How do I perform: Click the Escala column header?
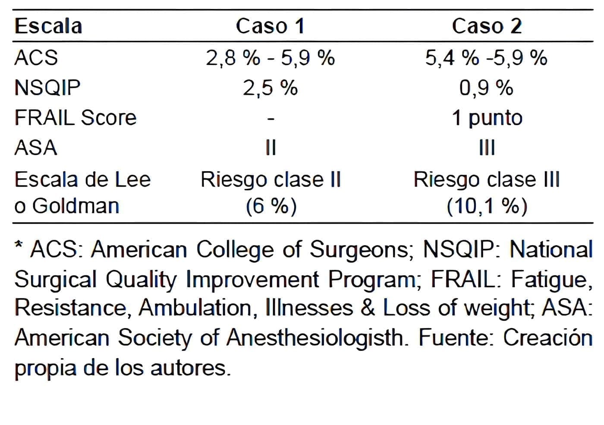pyautogui.click(x=48, y=26)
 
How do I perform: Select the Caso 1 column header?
pyautogui.click(x=270, y=26)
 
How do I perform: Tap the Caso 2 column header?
pyautogui.click(x=486, y=26)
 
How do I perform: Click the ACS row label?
pyautogui.click(x=36, y=58)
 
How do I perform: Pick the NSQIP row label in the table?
pyautogui.click(x=47, y=88)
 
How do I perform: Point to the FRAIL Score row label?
pyautogui.click(x=75, y=118)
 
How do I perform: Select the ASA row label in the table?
pyautogui.click(x=35, y=148)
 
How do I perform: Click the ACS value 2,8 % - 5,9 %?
pyautogui.click(x=270, y=58)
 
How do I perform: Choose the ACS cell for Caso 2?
pyautogui.click(x=486, y=58)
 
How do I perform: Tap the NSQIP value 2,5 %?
pyautogui.click(x=270, y=88)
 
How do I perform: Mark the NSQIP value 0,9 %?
pyautogui.click(x=486, y=88)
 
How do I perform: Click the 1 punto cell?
pyautogui.click(x=487, y=118)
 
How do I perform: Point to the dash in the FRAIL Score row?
pyautogui.click(x=271, y=119)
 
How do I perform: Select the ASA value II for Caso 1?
pyautogui.click(x=271, y=148)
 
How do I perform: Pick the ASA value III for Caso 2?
pyautogui.click(x=487, y=148)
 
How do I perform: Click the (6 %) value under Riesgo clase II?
pyautogui.click(x=271, y=206)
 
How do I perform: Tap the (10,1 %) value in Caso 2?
pyautogui.click(x=487, y=206)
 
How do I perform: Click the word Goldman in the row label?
pyautogui.click(x=75, y=206)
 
